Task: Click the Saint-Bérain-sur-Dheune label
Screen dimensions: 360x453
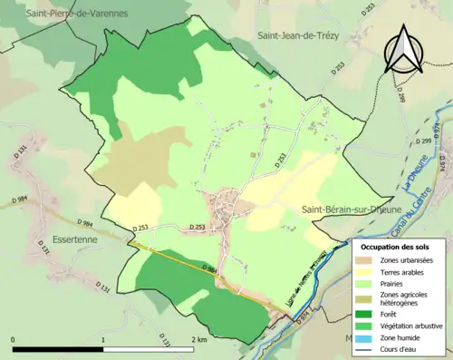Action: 346,209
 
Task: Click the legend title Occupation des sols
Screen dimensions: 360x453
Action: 396,247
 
